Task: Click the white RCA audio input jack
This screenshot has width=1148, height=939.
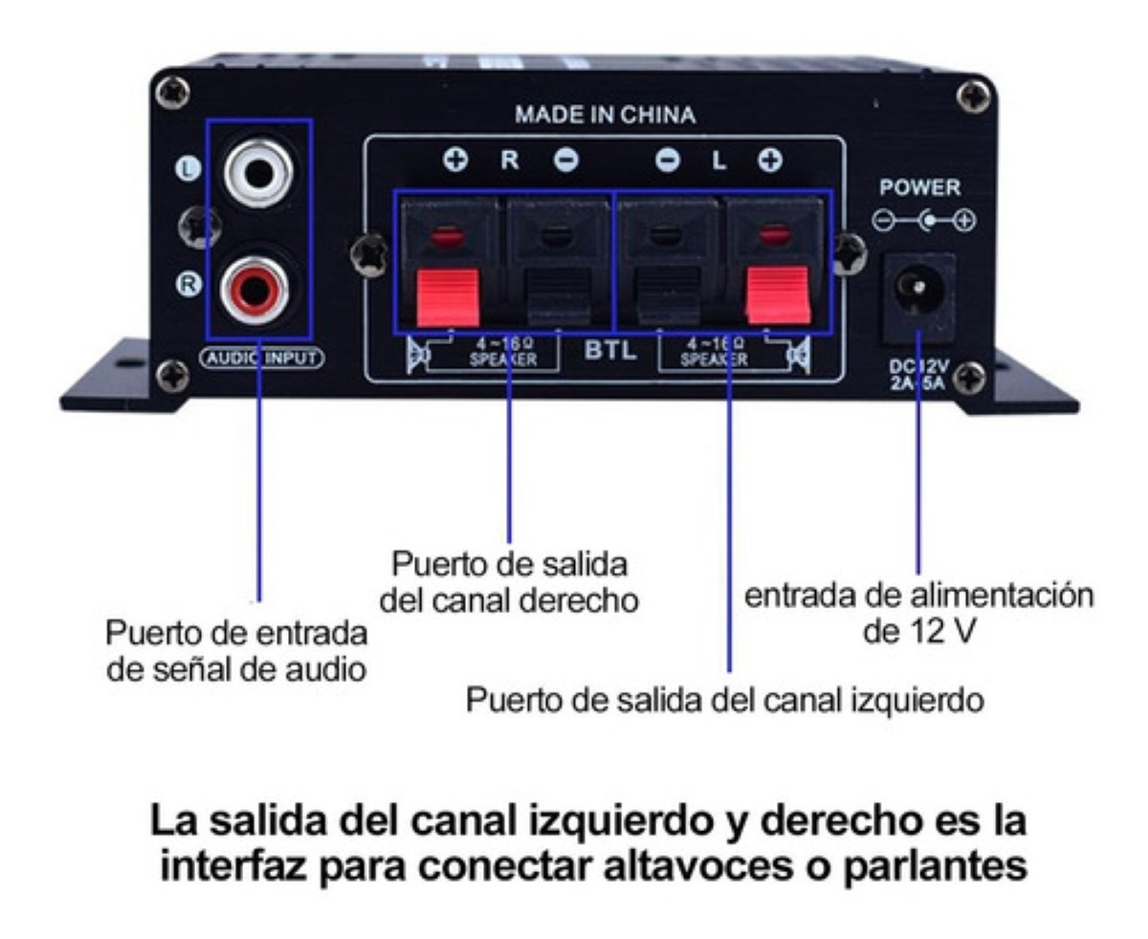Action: pyautogui.click(x=257, y=173)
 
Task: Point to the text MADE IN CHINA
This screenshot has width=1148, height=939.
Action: pyautogui.click(x=605, y=116)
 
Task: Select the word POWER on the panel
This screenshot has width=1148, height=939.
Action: pyautogui.click(x=919, y=188)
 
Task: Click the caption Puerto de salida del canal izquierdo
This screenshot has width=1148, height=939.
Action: pyautogui.click(x=725, y=701)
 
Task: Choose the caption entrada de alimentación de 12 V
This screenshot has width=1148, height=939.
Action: pyautogui.click(x=918, y=614)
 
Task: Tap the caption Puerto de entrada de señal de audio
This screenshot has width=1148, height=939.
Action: pyautogui.click(x=236, y=651)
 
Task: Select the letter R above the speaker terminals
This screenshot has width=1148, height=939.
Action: pyautogui.click(x=511, y=161)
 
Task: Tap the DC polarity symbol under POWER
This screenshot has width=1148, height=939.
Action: pyautogui.click(x=924, y=222)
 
